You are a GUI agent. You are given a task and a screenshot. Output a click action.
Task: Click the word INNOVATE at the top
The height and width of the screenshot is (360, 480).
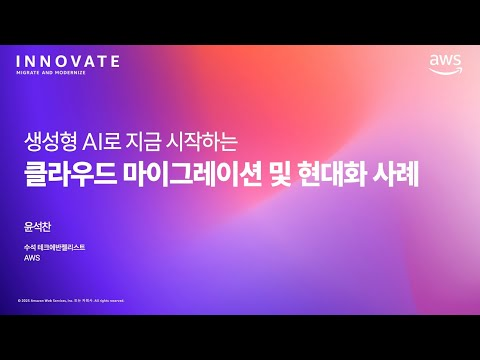(68, 61)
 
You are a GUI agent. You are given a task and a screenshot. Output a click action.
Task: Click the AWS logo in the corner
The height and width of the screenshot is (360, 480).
(445, 64)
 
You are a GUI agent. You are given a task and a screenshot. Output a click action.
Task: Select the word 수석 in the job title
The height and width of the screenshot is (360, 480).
(30, 246)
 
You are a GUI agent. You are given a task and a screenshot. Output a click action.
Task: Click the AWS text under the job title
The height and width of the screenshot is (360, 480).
(31, 257)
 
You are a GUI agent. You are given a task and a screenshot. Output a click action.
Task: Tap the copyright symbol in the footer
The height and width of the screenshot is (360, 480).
(19, 300)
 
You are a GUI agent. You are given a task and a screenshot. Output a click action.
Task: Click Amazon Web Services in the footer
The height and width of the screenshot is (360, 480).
(47, 300)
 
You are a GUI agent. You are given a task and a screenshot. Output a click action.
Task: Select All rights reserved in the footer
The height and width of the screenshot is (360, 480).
(108, 300)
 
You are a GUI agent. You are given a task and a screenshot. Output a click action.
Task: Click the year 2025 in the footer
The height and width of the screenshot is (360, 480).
(25, 300)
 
